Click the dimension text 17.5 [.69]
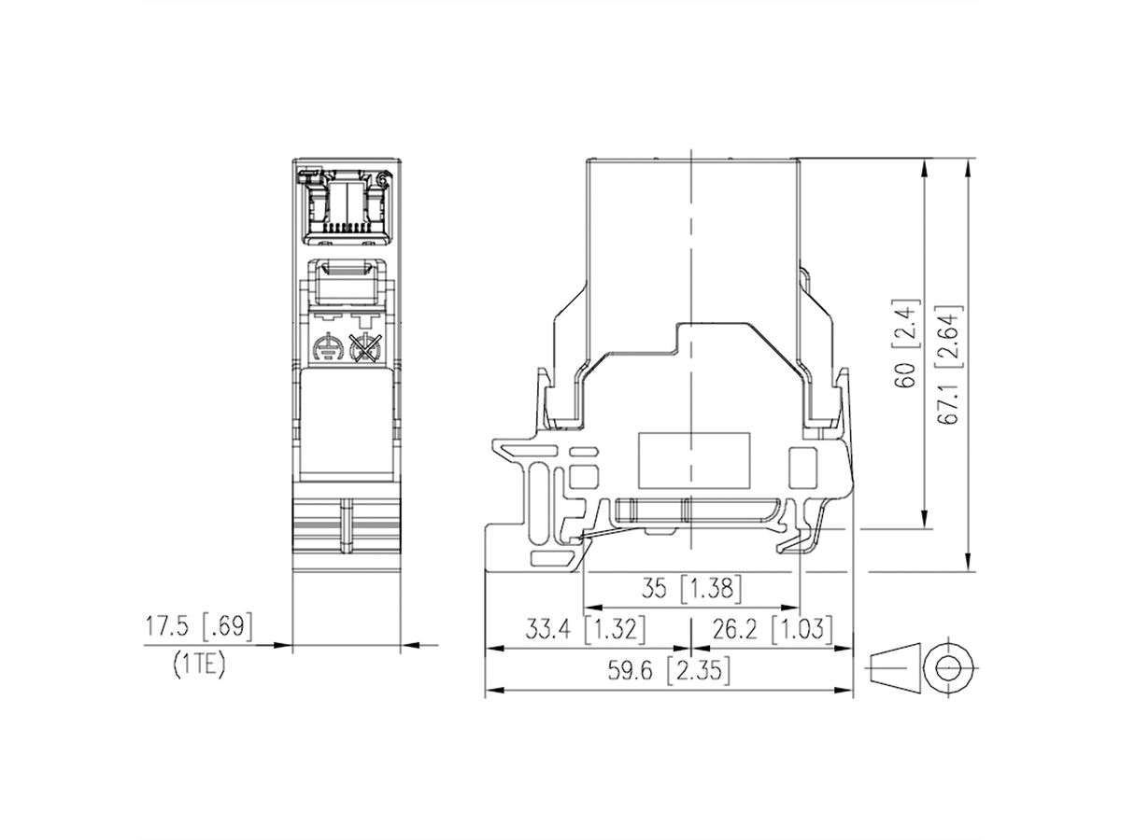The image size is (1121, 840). (x=198, y=627)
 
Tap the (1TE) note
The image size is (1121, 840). (x=199, y=666)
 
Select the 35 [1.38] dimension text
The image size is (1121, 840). (x=692, y=589)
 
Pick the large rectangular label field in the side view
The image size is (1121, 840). (x=694, y=460)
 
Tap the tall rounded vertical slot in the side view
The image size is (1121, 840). (x=538, y=504)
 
